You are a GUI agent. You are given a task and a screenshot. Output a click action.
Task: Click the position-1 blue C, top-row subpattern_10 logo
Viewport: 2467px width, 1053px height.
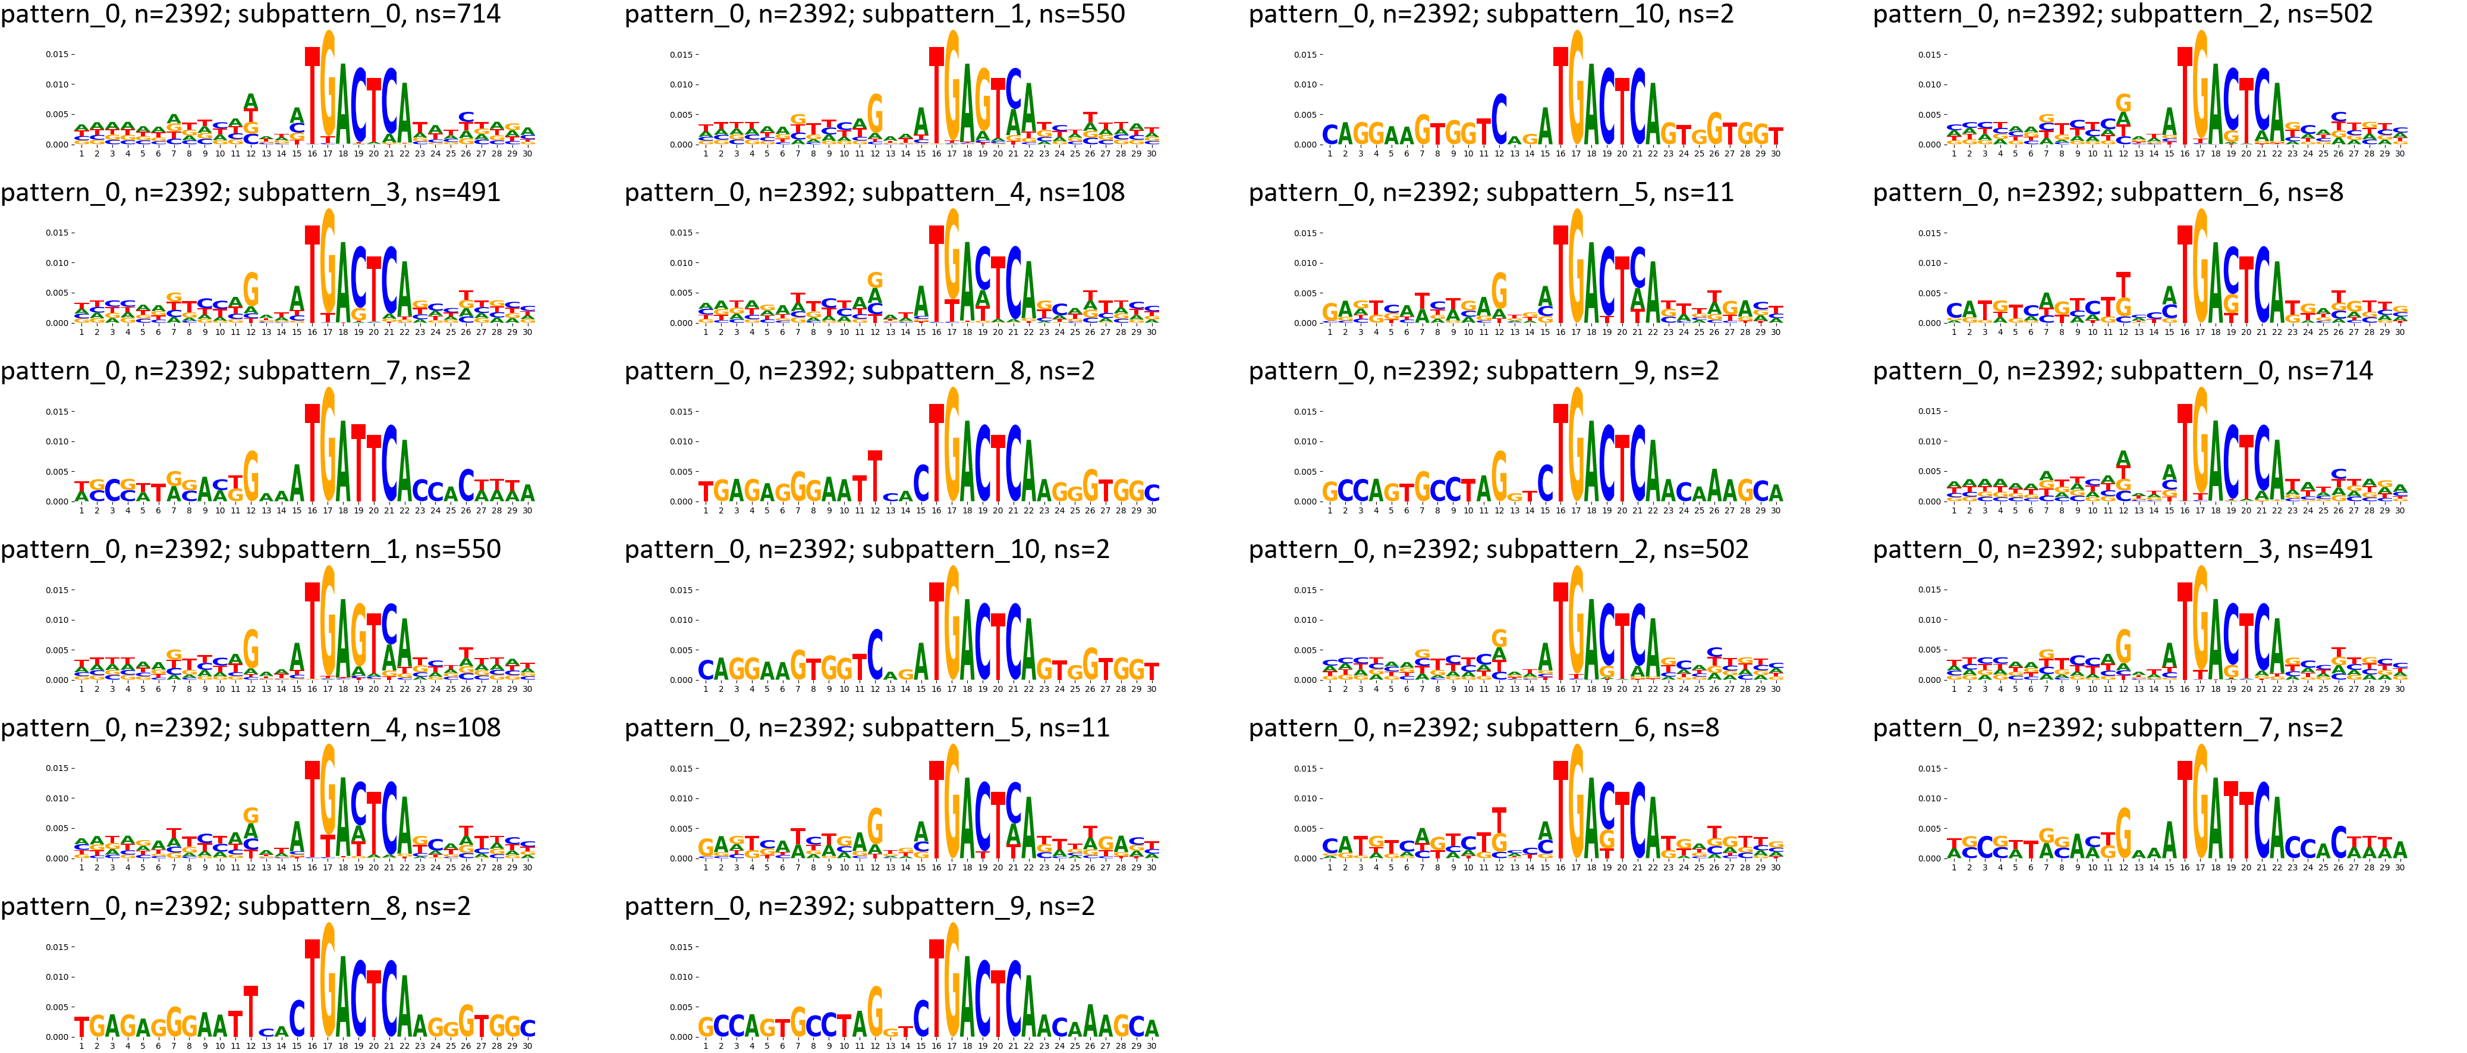[x=1330, y=135]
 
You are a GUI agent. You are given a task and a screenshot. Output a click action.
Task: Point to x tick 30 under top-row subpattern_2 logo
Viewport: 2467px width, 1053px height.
[x=2400, y=153]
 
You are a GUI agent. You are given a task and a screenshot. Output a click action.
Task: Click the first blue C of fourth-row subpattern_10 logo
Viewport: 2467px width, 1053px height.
[x=706, y=670]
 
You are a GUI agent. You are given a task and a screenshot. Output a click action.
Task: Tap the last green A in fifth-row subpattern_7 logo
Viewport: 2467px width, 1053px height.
[x=2400, y=849]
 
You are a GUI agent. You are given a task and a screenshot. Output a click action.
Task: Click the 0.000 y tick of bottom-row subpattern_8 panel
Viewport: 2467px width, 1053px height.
[x=56, y=1037]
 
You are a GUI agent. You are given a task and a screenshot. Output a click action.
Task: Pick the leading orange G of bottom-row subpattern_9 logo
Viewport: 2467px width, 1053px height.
[x=706, y=1027]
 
